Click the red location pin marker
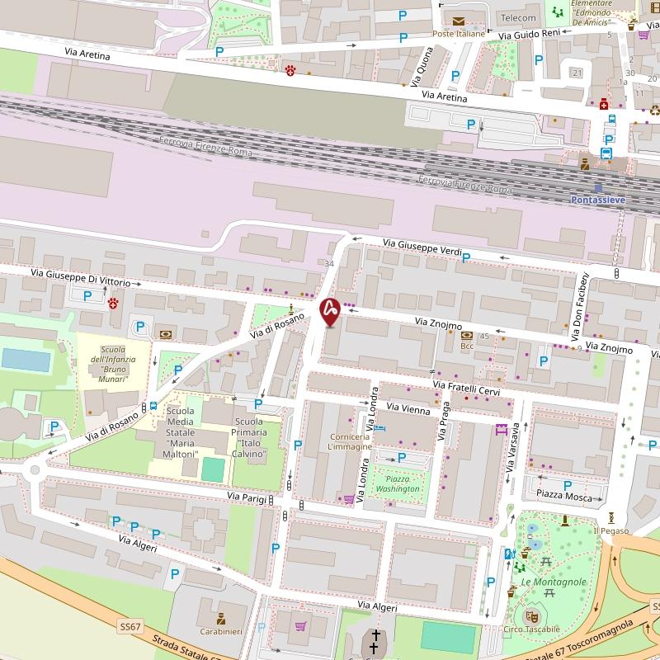point(330,311)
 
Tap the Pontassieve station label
point(599,200)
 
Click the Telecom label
point(518,18)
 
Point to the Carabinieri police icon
point(221,618)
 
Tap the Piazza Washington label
point(398,484)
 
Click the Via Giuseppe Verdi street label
point(422,245)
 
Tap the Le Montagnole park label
point(554,582)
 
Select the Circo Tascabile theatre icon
point(531,615)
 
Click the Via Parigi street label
point(252,497)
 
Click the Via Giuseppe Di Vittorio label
point(81,276)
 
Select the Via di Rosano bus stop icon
point(153,406)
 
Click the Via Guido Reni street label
point(530,35)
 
